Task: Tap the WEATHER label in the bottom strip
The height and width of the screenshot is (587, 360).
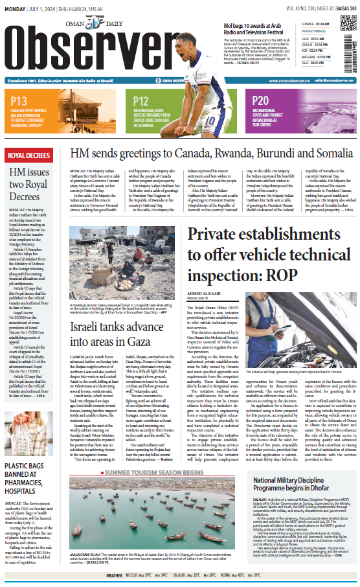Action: tap(114, 575)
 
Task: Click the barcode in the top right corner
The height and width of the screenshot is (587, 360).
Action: tap(352, 36)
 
